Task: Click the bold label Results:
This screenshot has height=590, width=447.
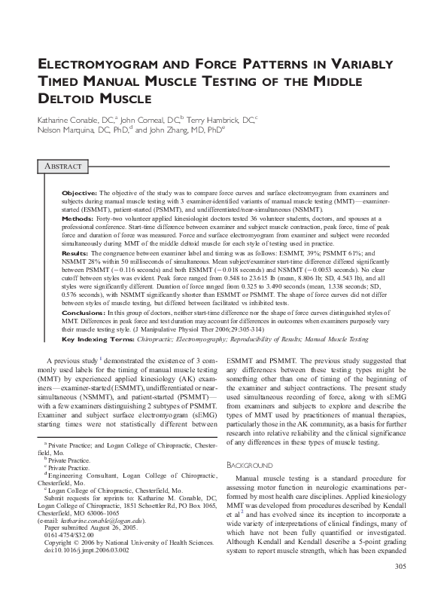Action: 76,255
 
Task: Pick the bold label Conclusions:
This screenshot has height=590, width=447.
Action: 84,311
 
